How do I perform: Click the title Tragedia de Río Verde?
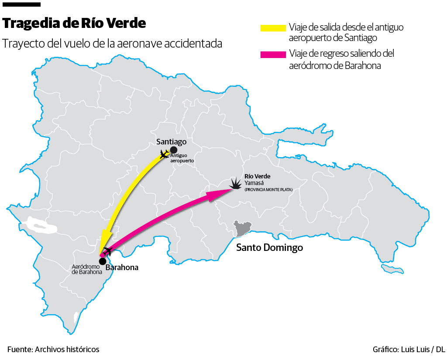(75, 23)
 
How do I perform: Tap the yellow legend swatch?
(273, 28)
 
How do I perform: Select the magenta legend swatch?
(273, 55)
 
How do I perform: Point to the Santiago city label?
(172, 142)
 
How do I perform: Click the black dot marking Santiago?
(174, 150)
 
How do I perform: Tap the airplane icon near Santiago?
(164, 154)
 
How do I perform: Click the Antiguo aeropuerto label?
(182, 158)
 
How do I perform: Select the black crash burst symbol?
(236, 184)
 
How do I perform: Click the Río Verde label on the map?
(257, 176)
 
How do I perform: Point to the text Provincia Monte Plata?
(268, 190)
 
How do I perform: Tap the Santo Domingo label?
(269, 248)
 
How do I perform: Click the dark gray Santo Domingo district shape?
(241, 228)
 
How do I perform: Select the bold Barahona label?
(122, 267)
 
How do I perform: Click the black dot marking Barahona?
(102, 261)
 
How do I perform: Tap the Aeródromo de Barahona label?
(86, 269)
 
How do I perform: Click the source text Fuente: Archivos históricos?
(53, 350)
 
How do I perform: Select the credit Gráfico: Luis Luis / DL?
(409, 350)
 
